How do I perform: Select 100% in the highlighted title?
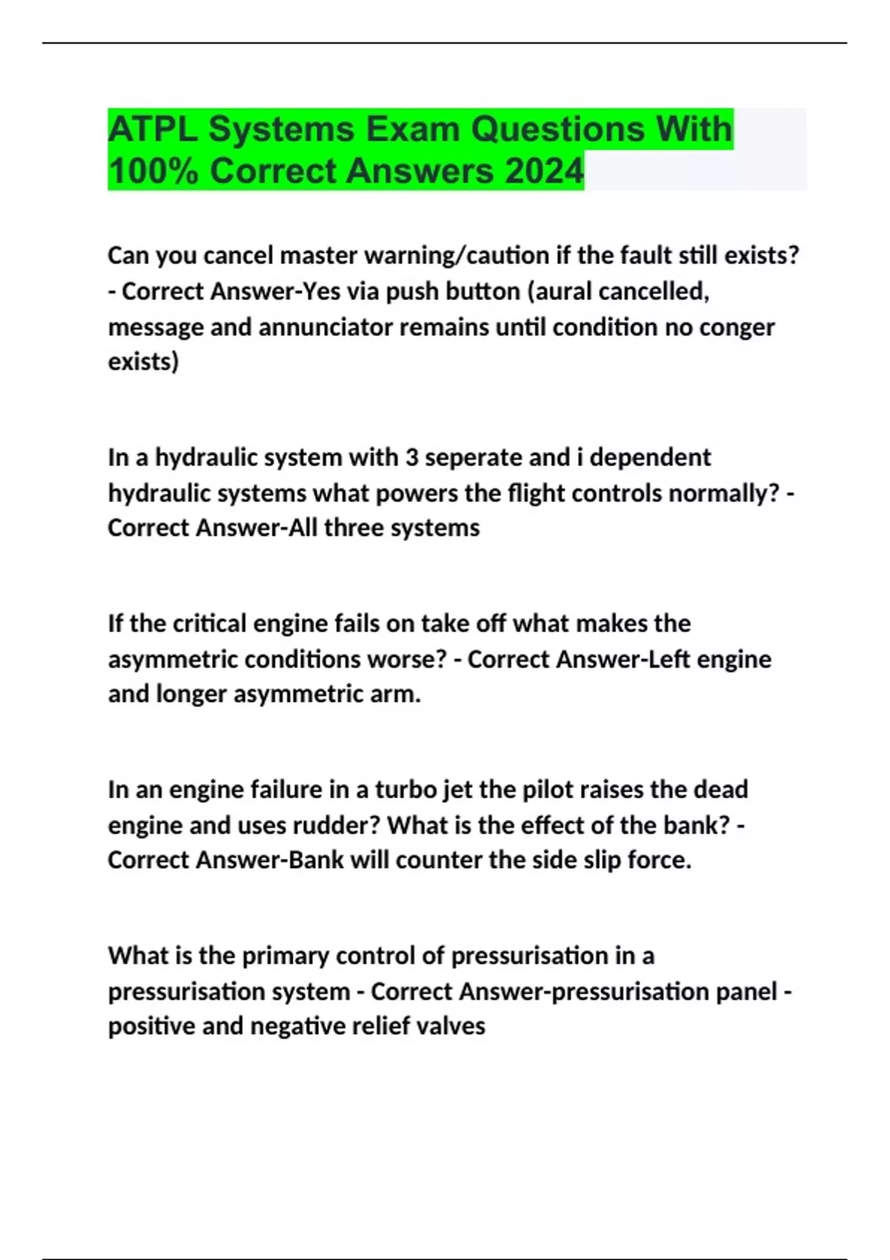pos(153,171)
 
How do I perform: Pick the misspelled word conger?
pos(734,327)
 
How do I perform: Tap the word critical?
pos(209,623)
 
